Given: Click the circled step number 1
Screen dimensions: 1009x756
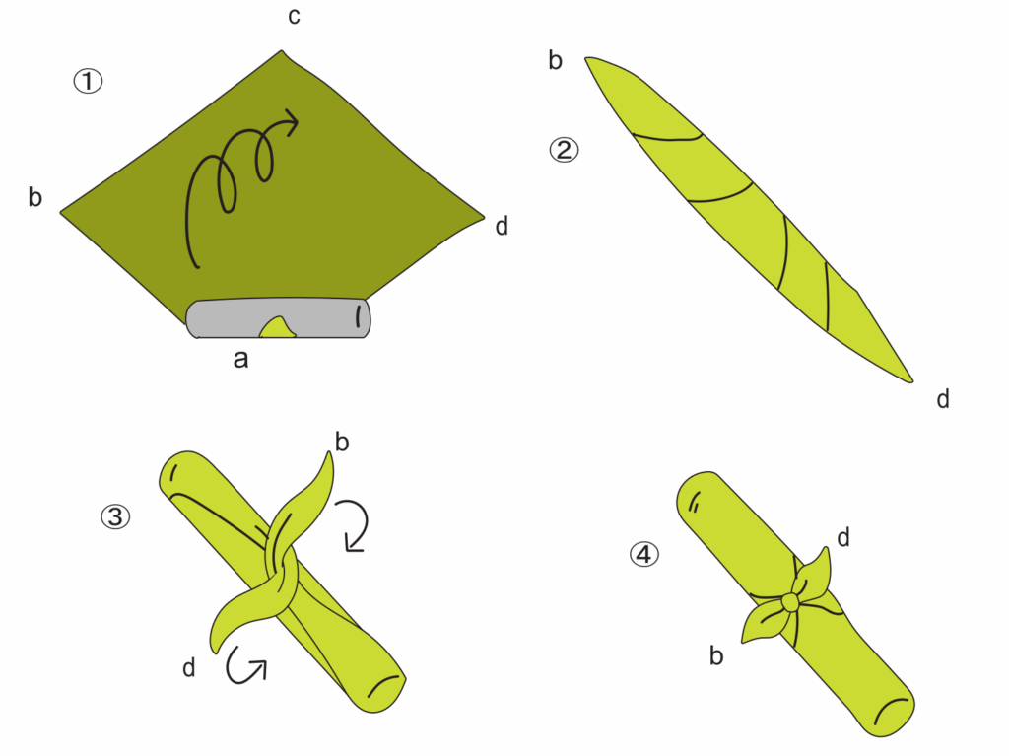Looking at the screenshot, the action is [88, 82].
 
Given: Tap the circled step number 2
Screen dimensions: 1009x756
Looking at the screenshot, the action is [564, 150].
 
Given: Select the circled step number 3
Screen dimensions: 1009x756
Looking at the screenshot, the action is [116, 516].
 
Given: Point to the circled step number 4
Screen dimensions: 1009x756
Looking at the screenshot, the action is [644, 554].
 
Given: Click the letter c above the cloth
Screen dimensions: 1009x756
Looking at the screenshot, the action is [294, 17].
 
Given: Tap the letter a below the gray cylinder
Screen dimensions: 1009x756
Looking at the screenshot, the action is [240, 360].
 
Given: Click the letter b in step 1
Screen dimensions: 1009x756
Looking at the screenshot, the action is [35, 197].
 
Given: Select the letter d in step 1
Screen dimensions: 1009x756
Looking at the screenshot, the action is [502, 226].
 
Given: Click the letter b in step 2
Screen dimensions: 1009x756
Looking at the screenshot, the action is [556, 60].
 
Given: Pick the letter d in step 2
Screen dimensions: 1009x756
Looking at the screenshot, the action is [943, 399].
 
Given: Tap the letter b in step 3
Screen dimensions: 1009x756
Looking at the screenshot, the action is [342, 442].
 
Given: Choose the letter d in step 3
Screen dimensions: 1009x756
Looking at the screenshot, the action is [188, 667].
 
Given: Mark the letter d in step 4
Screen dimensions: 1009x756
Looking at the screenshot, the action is [843, 536].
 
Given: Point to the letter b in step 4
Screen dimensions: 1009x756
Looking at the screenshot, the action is [716, 655].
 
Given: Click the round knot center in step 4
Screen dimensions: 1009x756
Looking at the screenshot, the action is [790, 603].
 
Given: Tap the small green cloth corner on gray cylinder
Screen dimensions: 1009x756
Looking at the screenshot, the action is [277, 328].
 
